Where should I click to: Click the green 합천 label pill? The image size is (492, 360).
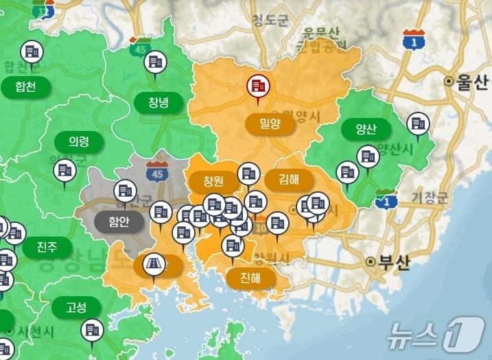24,86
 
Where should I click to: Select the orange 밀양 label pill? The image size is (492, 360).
269,124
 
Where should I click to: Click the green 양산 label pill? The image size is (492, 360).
366,130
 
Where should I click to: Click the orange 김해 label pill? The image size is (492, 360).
289,180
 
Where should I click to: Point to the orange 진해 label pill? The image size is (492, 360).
250,278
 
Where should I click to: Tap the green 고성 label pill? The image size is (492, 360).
75,307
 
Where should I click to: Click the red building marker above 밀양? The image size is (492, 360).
259,86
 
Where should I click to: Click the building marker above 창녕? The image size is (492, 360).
155,62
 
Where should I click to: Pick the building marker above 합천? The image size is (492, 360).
32,51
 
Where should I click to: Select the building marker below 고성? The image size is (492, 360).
91,331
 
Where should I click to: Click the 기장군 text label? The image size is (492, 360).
430,199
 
